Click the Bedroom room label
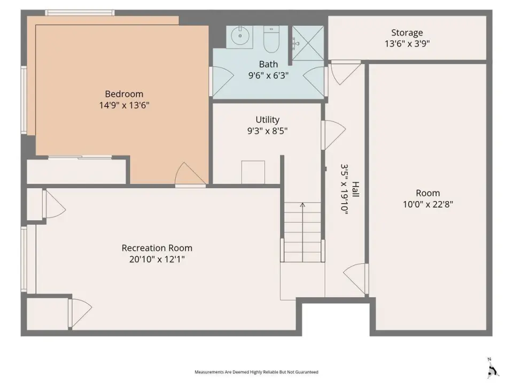[x=124, y=94]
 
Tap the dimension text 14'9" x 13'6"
[x=125, y=105]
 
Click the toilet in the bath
[x=271, y=39]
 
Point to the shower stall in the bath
[x=308, y=43]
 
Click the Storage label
[x=407, y=33]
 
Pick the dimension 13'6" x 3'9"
[x=407, y=43]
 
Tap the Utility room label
[x=267, y=119]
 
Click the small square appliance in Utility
[x=253, y=172]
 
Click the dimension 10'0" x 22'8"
[x=428, y=204]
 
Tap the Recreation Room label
[x=157, y=248]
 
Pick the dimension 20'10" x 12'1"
[x=157, y=259]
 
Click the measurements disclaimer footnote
[x=256, y=372]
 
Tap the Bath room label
[x=268, y=64]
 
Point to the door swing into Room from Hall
[x=355, y=279]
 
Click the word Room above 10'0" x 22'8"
[x=428, y=193]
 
